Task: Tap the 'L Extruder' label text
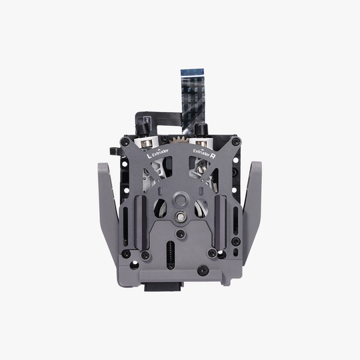(x=157, y=155)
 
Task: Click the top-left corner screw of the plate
(x=125, y=141)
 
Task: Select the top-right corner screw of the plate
(x=235, y=141)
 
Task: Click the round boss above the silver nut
(x=180, y=198)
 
